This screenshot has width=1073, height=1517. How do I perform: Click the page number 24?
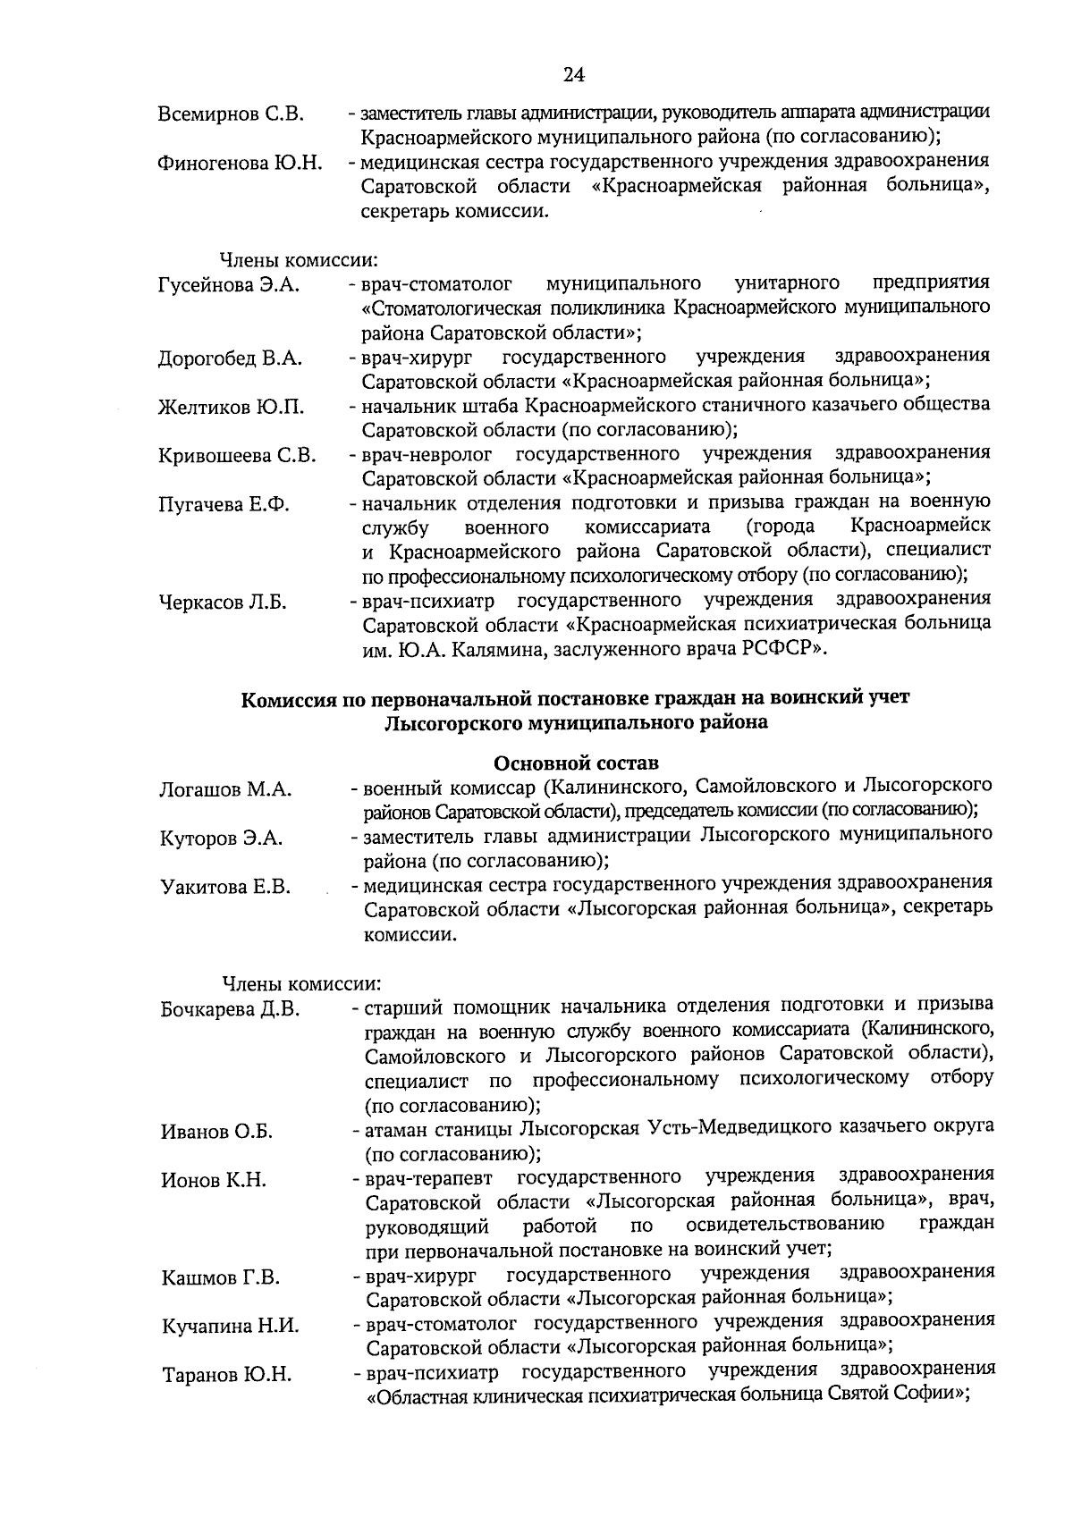click(x=573, y=75)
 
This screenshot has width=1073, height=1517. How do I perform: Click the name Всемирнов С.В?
click(x=231, y=115)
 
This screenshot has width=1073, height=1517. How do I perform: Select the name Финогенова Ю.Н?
click(x=240, y=164)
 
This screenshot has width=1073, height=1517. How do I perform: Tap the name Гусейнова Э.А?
click(x=228, y=286)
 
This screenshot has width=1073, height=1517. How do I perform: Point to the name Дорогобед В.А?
click(x=230, y=359)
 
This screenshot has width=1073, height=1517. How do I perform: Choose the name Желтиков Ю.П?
click(x=231, y=408)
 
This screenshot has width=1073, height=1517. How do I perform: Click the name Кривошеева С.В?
click(x=237, y=456)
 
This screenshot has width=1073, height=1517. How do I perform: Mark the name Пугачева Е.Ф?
click(x=224, y=505)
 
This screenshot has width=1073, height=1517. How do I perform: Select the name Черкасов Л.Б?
click(x=223, y=603)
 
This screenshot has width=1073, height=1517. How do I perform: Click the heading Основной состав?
click(x=576, y=763)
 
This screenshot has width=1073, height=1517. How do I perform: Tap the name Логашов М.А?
click(x=226, y=790)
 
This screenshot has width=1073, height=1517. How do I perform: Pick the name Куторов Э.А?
click(x=222, y=839)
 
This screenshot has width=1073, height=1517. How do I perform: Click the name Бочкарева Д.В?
click(x=230, y=1010)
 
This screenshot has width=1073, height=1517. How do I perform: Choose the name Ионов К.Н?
click(x=214, y=1181)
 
